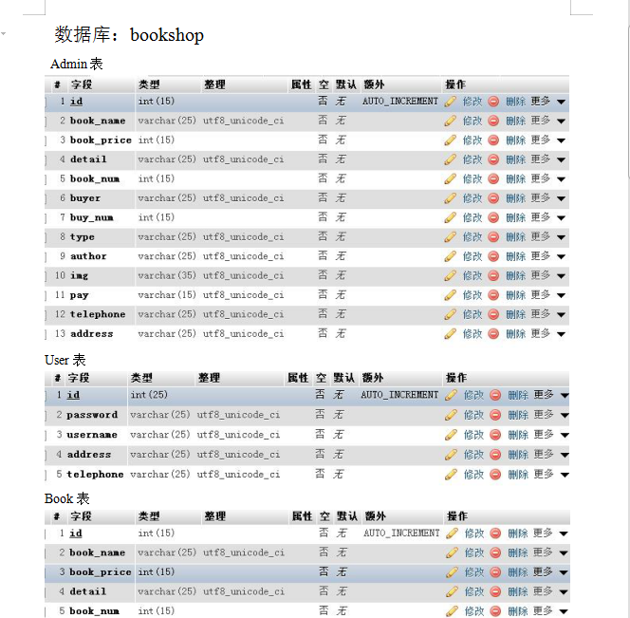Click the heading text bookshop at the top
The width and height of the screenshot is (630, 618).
point(166,35)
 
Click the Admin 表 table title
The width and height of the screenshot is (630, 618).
point(76,65)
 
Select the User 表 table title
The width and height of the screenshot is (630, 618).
point(65,360)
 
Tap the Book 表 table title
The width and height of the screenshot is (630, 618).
point(66,498)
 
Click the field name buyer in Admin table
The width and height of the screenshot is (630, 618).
point(84,198)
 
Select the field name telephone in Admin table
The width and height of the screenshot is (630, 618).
point(97,314)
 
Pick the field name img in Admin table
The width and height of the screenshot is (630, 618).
point(79,275)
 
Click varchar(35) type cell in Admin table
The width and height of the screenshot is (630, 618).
point(167,275)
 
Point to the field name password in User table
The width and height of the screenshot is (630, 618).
point(92,415)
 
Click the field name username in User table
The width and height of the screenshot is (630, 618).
point(92,435)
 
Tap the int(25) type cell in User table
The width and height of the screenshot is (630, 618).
point(149,395)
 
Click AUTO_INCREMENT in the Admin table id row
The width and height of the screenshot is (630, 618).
point(399,101)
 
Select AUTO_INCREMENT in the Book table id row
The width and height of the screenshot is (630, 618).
point(401,534)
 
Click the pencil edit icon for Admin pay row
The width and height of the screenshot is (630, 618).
point(451,295)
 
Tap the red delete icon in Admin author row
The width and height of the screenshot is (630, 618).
point(493,256)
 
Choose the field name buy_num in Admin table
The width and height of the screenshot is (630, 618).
point(91,217)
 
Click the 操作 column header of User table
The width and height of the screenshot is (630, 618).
point(456,378)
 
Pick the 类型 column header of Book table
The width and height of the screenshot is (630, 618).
point(149,516)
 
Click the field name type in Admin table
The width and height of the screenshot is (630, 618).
point(82,237)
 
